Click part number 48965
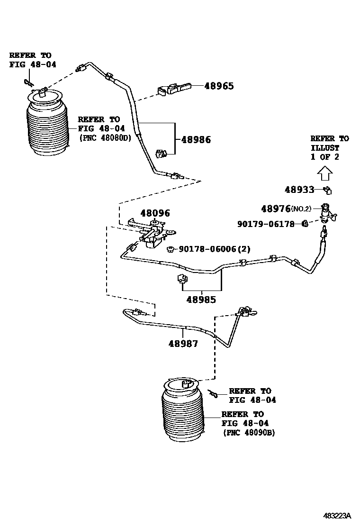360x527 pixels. click(219, 86)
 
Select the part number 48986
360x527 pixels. click(196, 140)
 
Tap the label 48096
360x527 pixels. click(154, 214)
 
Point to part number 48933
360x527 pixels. click(299, 190)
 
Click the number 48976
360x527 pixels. click(276, 209)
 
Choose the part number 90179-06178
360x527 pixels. click(266, 224)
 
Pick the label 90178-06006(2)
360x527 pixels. click(215, 249)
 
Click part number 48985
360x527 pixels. click(201, 300)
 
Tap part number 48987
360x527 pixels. click(183, 344)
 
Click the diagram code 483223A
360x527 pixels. click(337, 516)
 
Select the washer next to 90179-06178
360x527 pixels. click(306, 224)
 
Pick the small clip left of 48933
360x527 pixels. click(327, 191)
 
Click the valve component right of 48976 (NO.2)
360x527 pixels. click(328, 213)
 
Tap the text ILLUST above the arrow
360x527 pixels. click(325, 148)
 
